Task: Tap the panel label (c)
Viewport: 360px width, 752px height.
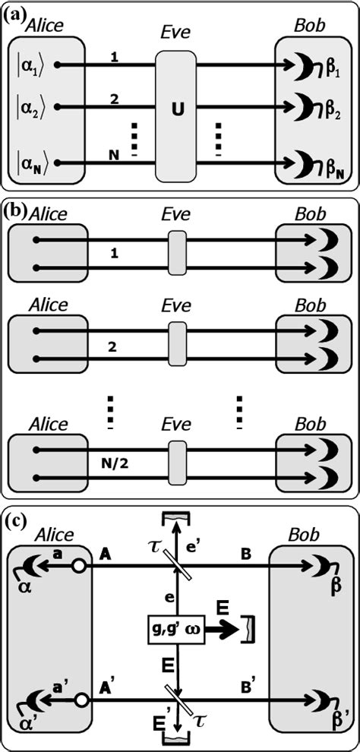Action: pos(14,522)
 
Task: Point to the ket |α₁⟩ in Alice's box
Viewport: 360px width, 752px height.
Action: pos(33,65)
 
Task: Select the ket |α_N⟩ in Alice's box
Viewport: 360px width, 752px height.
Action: pos(34,163)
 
